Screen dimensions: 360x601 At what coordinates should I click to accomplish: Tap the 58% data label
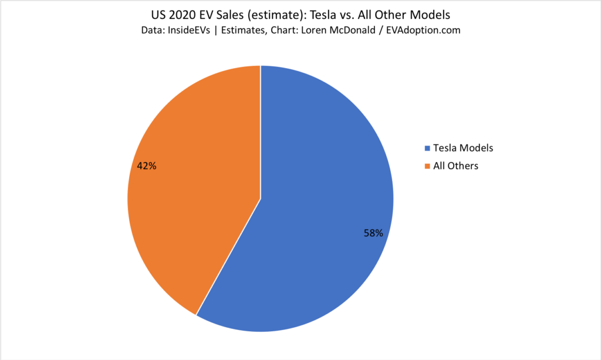coord(373,233)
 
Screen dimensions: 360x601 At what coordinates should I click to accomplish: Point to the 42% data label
coord(146,166)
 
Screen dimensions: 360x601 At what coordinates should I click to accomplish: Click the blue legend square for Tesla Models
coord(427,148)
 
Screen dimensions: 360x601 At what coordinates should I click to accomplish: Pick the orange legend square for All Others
coord(427,166)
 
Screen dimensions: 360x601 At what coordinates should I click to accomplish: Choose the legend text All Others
coord(455,166)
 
